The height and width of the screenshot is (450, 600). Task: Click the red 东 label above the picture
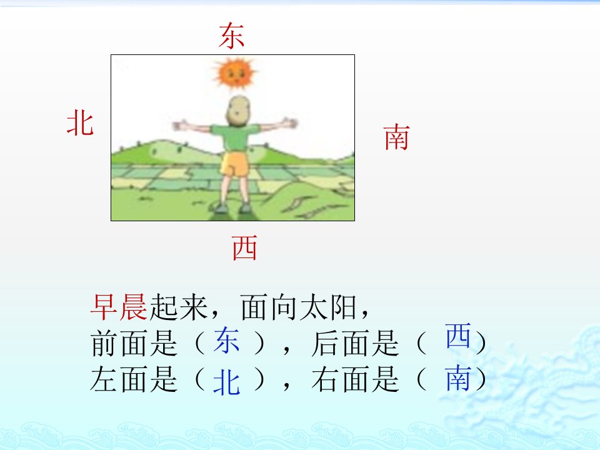tap(231, 36)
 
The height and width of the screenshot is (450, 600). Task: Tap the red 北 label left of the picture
tap(80, 122)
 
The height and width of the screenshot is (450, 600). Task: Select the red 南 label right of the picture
tap(396, 137)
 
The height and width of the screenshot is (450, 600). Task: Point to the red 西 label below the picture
tap(244, 248)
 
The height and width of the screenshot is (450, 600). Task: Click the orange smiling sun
tap(234, 72)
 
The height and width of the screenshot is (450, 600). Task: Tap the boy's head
tap(237, 111)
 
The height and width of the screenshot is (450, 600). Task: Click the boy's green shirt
tap(235, 137)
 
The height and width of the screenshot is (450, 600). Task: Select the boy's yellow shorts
tap(235, 164)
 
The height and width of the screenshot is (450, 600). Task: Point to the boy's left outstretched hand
tap(180, 126)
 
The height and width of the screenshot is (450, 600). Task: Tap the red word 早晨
tap(119, 307)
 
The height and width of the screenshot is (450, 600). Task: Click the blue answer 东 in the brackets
tap(226, 340)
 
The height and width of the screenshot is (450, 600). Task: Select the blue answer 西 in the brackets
tap(457, 335)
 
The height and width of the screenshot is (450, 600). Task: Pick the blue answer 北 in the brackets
tap(226, 382)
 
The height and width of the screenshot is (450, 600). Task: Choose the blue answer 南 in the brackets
tap(457, 378)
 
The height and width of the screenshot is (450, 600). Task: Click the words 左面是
tap(134, 379)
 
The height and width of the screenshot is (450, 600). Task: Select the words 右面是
tap(355, 379)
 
